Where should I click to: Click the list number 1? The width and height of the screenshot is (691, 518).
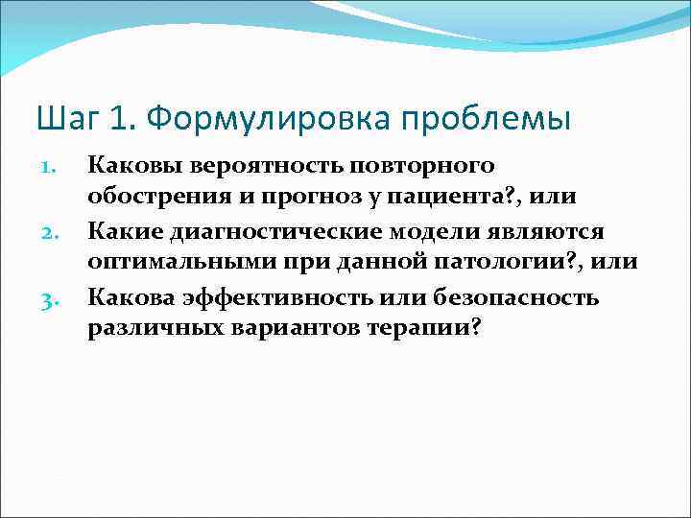point(52,168)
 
